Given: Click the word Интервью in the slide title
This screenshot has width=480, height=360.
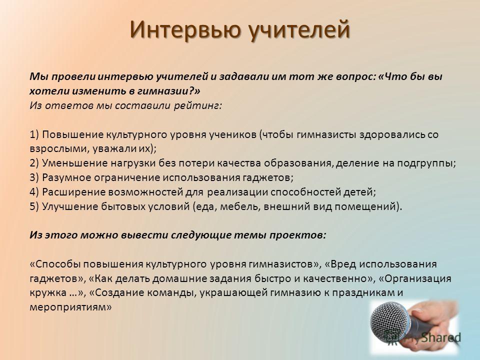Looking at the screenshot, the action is (184, 29).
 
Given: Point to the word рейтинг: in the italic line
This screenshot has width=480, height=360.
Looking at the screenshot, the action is (198, 106).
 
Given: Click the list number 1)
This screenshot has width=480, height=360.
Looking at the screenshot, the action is (34, 134).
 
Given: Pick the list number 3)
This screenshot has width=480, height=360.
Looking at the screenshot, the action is (34, 177).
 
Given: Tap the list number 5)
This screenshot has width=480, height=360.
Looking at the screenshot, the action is (34, 206).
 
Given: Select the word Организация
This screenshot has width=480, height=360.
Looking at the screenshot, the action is (418, 279).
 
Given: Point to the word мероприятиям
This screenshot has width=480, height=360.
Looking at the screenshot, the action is (68, 307).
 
